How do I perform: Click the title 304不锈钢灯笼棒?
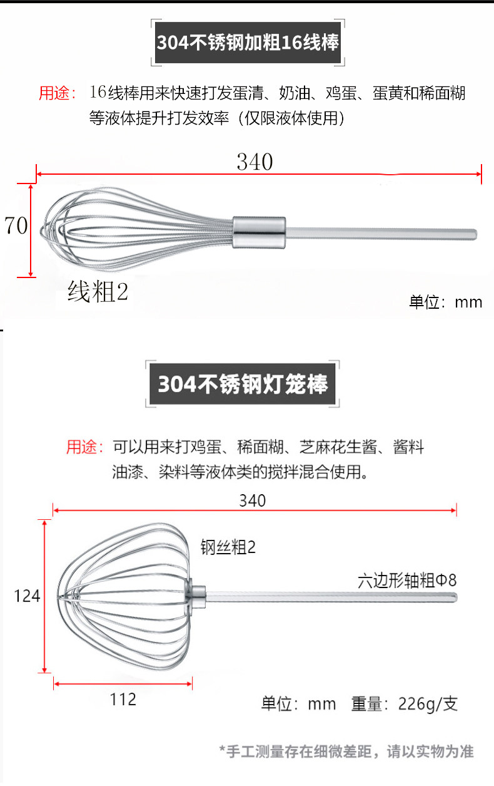243,383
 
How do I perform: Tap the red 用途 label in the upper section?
57,94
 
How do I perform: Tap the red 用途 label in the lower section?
84,447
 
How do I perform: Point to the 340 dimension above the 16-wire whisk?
255,162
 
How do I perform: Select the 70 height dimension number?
16,225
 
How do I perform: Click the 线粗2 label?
98,292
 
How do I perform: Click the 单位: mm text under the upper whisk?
445,302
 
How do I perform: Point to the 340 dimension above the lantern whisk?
253,500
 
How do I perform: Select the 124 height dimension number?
28,596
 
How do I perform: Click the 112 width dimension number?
123,699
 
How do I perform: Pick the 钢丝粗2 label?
228,547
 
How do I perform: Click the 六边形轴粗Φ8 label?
407,580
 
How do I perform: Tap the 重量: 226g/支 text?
405,704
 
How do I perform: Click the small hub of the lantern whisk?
196,595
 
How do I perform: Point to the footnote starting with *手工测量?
346,751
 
